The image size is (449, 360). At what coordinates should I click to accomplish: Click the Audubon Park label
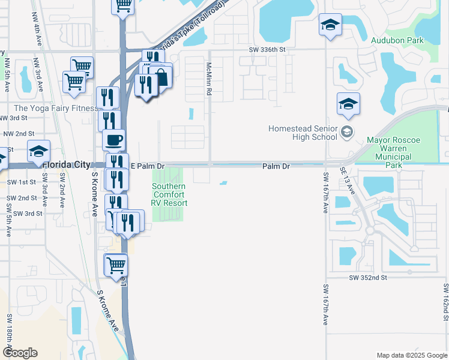pos(397,41)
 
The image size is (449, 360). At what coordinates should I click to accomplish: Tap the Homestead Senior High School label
pos(303,133)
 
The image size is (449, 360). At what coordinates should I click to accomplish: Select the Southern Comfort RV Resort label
pos(169,195)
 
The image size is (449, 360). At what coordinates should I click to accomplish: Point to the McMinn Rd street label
pos(209,79)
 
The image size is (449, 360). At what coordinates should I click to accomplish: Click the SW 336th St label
pos(274,51)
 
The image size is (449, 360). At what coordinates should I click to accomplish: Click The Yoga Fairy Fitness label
pos(56,108)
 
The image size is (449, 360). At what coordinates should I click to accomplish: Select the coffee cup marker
pos(113,140)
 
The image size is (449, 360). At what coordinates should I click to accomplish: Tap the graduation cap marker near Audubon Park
pos(330,25)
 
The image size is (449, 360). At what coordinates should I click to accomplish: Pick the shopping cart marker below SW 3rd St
pos(116,264)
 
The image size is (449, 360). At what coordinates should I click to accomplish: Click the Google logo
pos(20,352)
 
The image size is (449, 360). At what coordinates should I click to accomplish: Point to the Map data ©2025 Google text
pos(411,355)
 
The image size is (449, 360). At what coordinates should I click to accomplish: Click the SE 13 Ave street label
pos(348,179)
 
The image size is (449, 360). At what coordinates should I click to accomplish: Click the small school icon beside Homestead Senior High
pos(346,131)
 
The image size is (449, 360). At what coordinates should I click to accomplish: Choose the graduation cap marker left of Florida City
pos(38,151)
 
